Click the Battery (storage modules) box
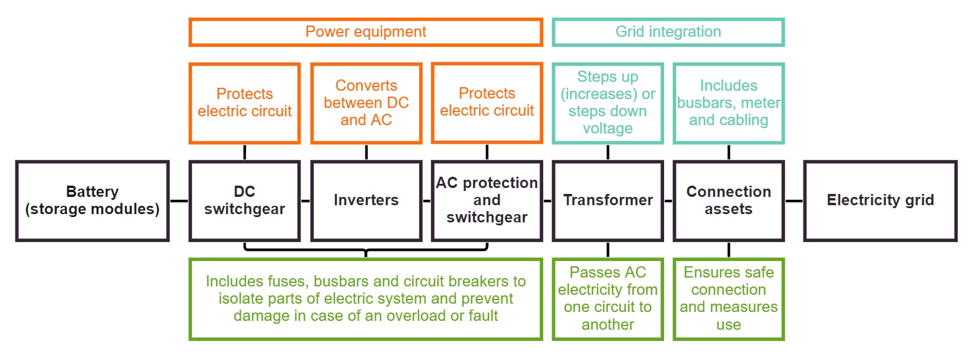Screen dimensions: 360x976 tap(93, 200)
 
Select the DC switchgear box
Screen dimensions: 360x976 tap(244, 200)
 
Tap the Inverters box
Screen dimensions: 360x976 tap(366, 200)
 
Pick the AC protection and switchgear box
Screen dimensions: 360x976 tap(487, 200)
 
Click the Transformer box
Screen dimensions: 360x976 tap(608, 200)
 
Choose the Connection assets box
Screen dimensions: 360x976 tap(729, 200)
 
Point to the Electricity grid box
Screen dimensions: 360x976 tap(880, 200)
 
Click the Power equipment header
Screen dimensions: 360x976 tap(365, 32)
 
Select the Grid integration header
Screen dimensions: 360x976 tap(668, 32)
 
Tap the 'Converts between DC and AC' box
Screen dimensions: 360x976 tap(366, 103)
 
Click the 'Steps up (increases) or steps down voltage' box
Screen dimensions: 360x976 tap(608, 103)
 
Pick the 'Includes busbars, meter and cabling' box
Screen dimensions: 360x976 tap(729, 103)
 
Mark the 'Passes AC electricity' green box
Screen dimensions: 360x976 tap(608, 299)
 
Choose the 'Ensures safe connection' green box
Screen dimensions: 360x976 tap(729, 299)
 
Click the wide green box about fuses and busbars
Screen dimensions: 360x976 tap(365, 299)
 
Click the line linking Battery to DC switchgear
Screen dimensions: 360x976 tap(179, 201)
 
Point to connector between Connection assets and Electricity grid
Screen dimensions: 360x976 tap(794, 201)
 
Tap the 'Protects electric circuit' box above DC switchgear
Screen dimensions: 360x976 tap(244, 103)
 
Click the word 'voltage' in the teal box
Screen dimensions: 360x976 tap(608, 129)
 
